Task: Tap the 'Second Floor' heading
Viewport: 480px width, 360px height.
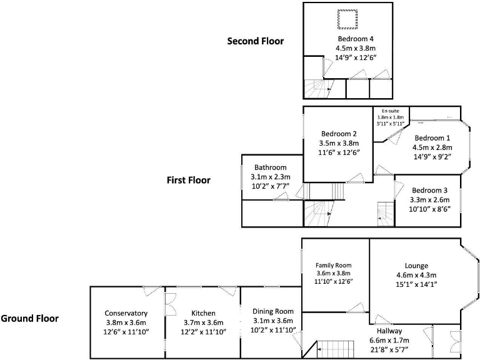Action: coord(255,42)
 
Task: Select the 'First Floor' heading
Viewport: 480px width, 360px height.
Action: coord(188,181)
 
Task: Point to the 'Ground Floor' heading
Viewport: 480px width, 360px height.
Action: coord(29,319)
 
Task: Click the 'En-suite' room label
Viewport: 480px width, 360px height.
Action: coord(390,111)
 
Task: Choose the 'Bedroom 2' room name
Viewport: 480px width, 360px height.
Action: coord(339,134)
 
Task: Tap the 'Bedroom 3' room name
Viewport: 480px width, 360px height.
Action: coord(429,191)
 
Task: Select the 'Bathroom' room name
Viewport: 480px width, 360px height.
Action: coord(270,167)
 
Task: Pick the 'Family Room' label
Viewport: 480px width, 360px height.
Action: coord(334,265)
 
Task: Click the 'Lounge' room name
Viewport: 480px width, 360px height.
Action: coord(416,266)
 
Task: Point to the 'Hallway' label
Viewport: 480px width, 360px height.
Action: coord(389,331)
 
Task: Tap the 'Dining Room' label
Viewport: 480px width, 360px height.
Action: coord(272,311)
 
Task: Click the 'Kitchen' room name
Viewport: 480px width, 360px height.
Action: coord(203,313)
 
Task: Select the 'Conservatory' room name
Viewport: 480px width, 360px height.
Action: coord(126,313)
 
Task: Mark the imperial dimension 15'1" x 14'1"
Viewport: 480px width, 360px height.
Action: coord(416,284)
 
